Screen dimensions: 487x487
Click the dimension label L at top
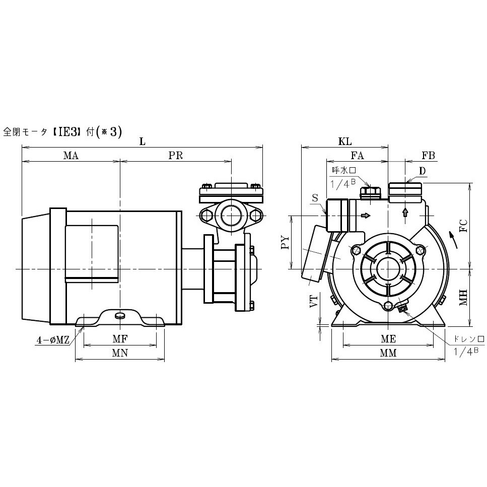tap(142, 142)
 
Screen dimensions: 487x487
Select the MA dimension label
tap(71, 155)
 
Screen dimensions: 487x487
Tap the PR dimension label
tap(175, 155)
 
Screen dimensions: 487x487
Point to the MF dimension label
tap(120, 339)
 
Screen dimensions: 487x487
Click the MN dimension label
tap(120, 353)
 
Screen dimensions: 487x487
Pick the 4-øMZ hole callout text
tap(53, 340)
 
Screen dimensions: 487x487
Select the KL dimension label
tap(345, 142)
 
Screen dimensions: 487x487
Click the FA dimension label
tap(357, 155)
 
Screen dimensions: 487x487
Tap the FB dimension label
tap(429, 155)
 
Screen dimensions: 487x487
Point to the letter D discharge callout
tap(422, 171)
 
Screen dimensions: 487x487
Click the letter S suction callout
tap(315, 198)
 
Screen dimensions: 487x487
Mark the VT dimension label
tap(314, 301)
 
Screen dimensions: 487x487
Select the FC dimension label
tap(463, 226)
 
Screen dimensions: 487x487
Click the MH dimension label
tap(463, 298)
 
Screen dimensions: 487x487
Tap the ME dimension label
tap(388, 339)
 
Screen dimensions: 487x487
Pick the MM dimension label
tap(388, 353)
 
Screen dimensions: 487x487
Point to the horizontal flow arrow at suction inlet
tap(366, 216)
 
